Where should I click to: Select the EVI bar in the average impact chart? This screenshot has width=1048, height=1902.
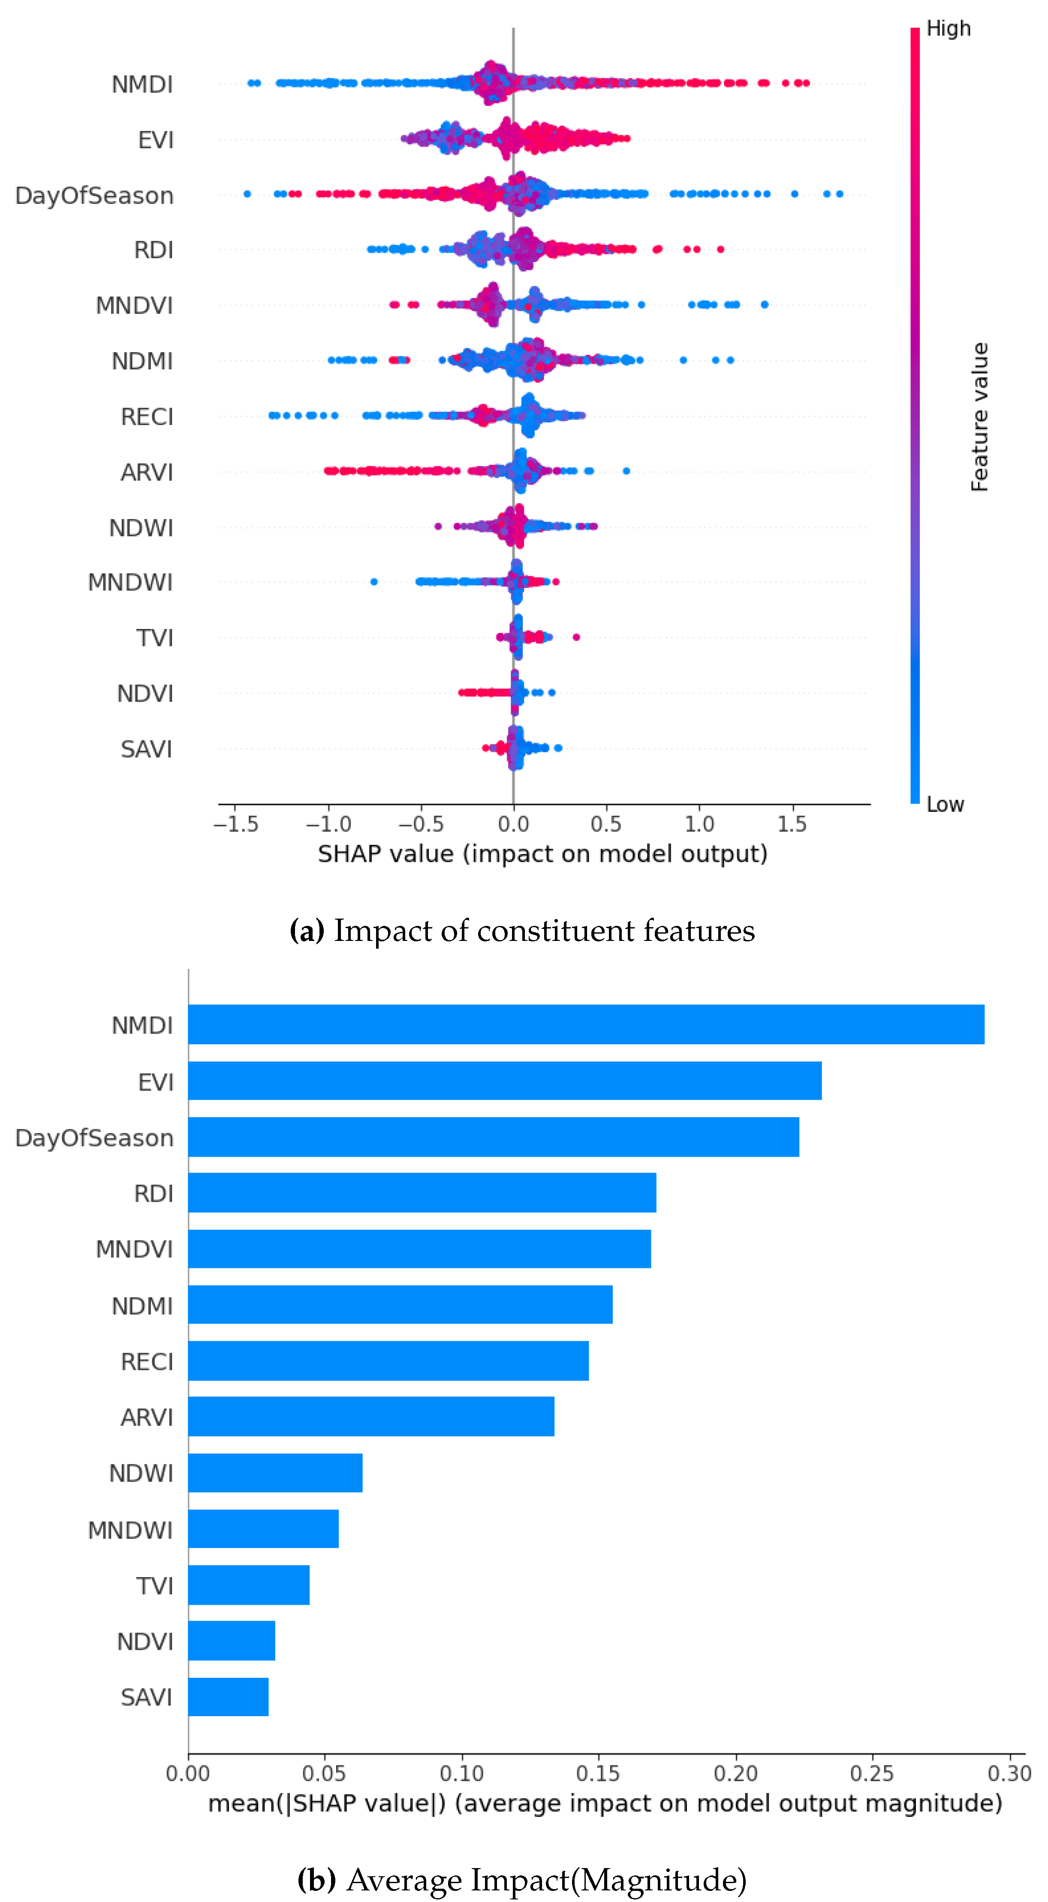(x=505, y=1080)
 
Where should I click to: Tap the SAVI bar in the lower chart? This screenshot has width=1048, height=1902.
(x=228, y=1697)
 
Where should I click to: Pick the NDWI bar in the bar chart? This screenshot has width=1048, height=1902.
(x=275, y=1472)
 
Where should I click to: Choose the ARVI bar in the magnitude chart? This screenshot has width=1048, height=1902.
(x=371, y=1416)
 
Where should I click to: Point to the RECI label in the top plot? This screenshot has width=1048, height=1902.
(x=147, y=417)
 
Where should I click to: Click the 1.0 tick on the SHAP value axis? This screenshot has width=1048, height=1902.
(x=699, y=824)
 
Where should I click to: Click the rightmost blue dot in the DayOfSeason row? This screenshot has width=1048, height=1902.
(x=839, y=194)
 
